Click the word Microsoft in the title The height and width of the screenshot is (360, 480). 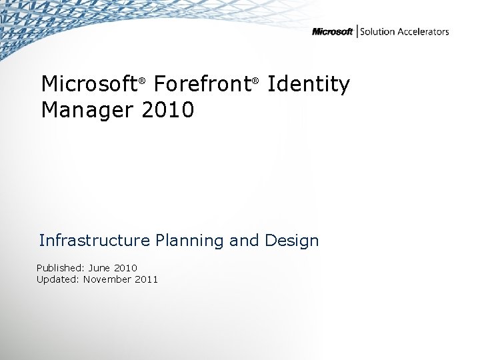click(89, 85)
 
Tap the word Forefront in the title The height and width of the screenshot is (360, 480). click(201, 85)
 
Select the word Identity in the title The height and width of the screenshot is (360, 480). click(308, 85)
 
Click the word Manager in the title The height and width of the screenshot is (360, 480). click(88, 109)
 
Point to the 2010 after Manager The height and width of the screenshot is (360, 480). click(168, 109)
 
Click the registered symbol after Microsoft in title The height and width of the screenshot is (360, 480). click(141, 82)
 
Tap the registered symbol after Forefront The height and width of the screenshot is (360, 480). click(254, 82)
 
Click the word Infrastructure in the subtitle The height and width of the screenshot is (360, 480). click(95, 240)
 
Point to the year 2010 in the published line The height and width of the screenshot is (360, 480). click(125, 268)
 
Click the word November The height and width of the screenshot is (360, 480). click(107, 279)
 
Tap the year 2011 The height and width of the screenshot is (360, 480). click(146, 279)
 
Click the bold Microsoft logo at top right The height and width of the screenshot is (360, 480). click(332, 32)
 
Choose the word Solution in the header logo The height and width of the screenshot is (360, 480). click(378, 32)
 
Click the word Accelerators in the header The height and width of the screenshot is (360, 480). click(423, 32)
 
